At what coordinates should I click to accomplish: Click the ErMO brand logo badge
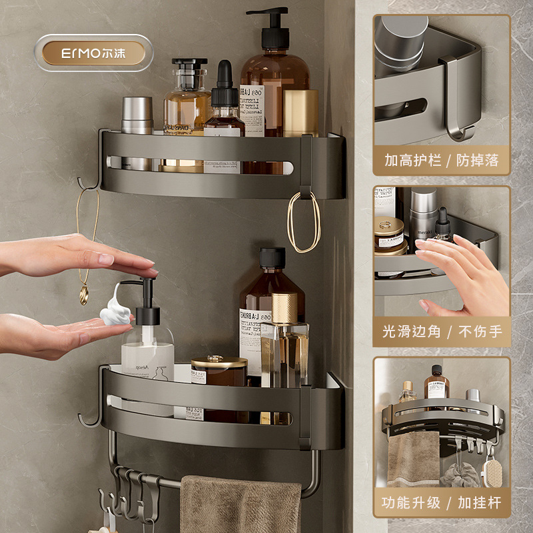pos(94,53)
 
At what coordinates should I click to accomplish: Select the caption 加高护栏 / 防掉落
pos(441,161)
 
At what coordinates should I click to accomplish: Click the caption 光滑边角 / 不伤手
pos(441,331)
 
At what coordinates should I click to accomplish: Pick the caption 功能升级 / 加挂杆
pos(441,502)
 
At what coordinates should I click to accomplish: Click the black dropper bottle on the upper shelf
pos(224,107)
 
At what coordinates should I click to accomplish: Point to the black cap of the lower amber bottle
pos(272,257)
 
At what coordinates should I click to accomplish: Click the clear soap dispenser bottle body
pos(147,360)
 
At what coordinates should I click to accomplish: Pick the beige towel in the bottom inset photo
pos(413,460)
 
